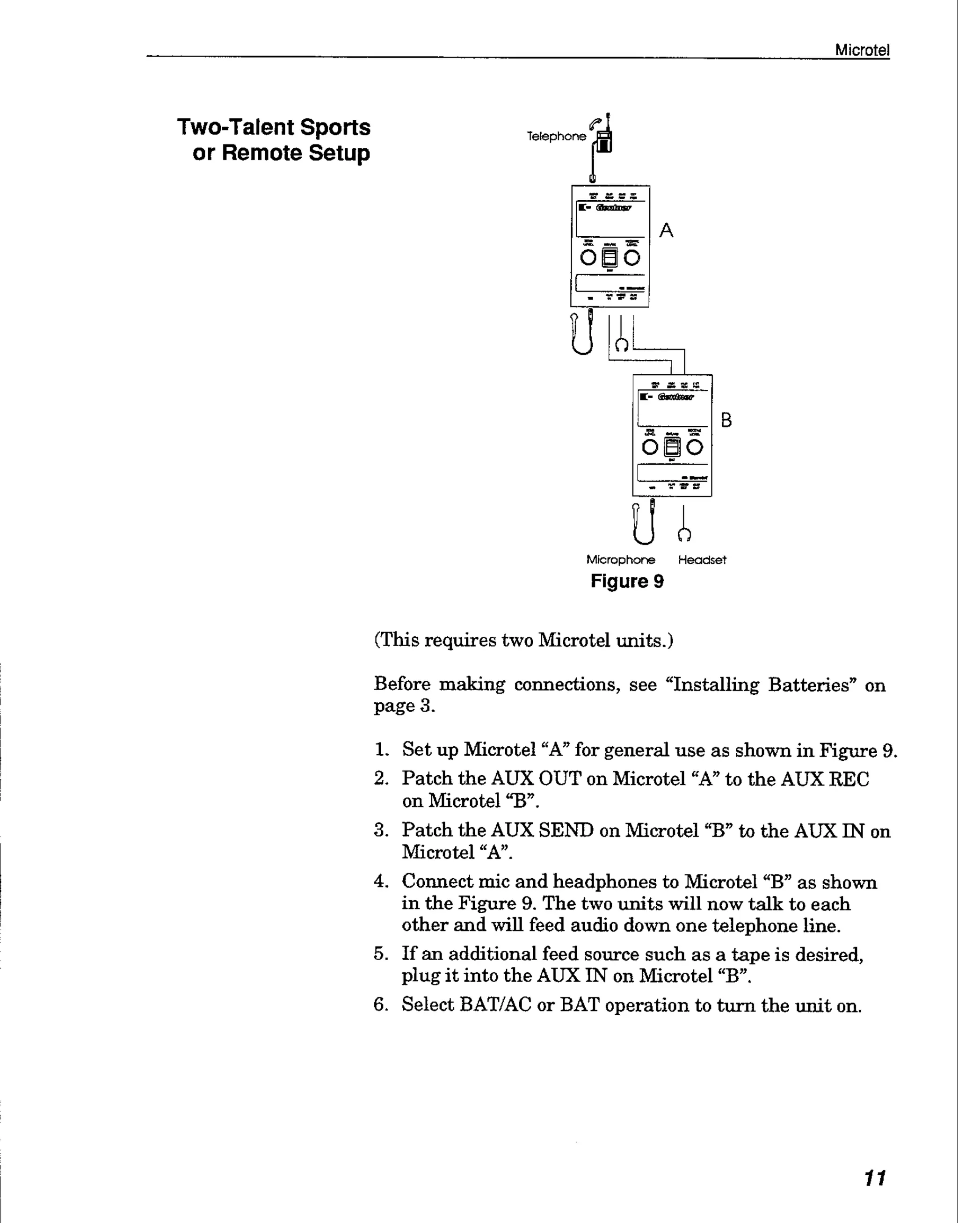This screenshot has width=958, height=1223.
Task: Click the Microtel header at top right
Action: point(862,50)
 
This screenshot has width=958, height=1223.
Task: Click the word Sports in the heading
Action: point(335,127)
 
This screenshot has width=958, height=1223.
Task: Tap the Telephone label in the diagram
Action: point(556,136)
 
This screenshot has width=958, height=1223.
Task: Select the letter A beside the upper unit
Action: point(666,230)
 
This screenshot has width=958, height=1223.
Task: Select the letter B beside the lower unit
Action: point(726,420)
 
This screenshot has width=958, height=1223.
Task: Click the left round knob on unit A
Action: point(588,257)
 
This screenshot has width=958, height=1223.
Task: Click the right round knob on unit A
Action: point(632,257)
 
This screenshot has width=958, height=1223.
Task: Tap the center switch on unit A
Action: point(610,257)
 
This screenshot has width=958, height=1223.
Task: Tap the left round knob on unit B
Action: point(650,447)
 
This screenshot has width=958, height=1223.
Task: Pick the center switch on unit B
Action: point(672,447)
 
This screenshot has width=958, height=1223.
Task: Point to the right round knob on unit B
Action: point(694,447)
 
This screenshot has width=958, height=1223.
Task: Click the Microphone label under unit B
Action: point(620,560)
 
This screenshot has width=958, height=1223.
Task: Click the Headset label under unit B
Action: point(702,560)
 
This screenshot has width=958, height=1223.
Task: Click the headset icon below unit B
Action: point(684,535)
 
